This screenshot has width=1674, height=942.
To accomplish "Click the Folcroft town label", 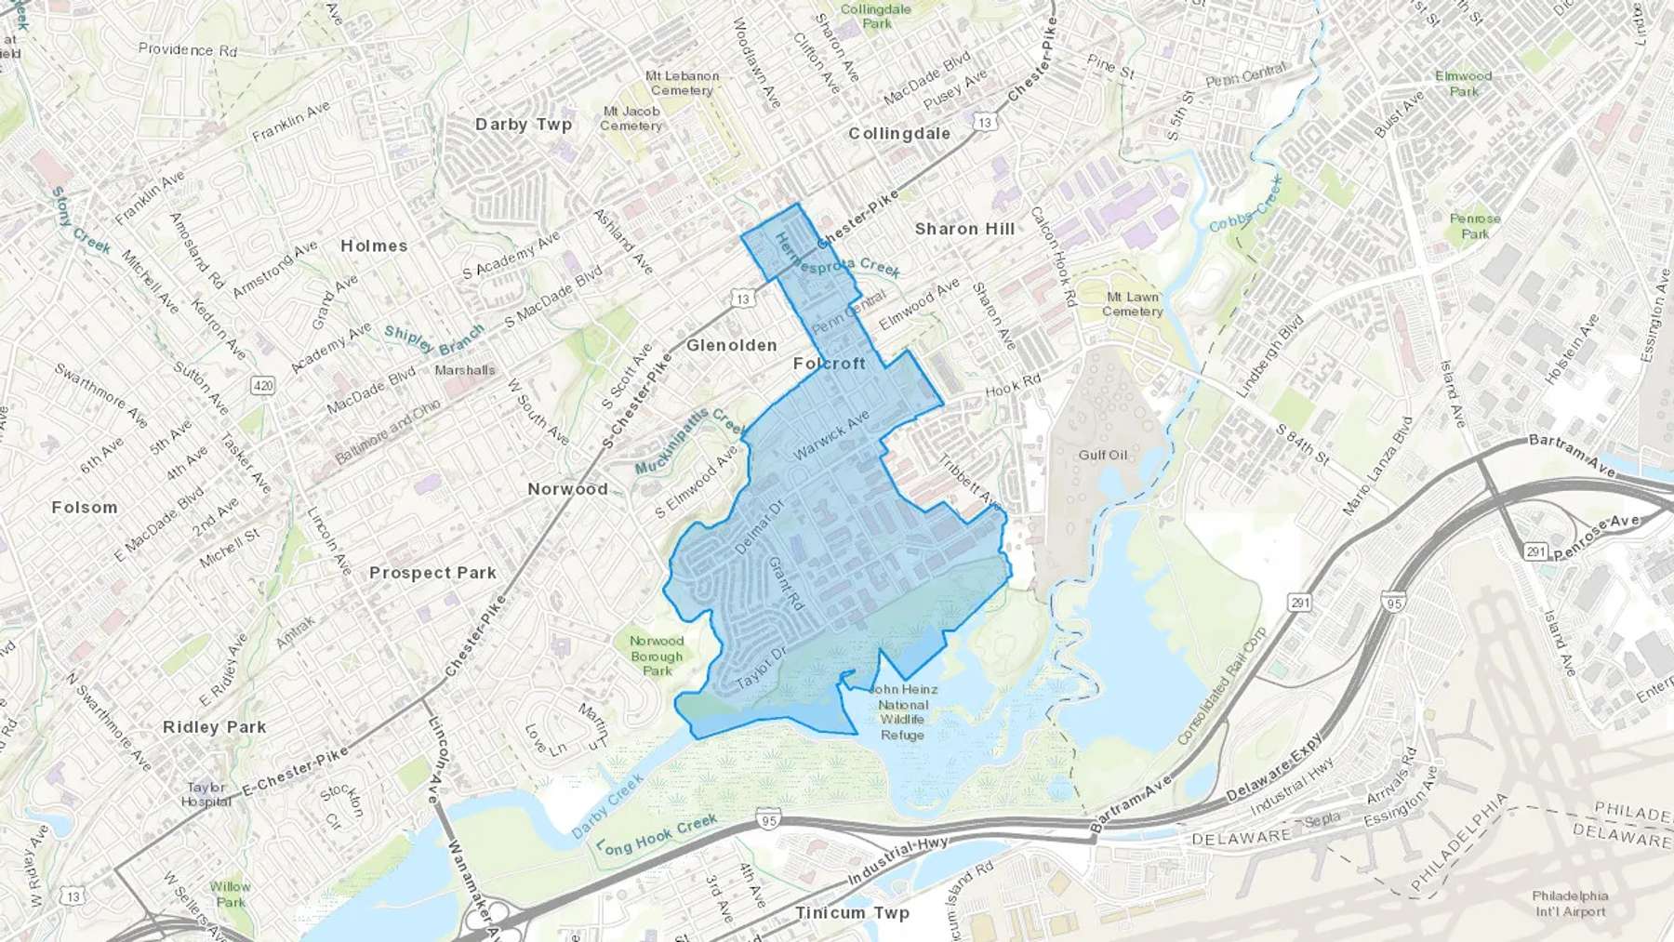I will coord(829,364).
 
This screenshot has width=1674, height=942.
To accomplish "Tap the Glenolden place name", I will coord(731,345).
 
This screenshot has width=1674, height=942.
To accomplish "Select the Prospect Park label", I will coord(432,573).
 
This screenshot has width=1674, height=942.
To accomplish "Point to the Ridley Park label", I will coord(214,727).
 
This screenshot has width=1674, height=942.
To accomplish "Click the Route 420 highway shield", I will coord(263,385).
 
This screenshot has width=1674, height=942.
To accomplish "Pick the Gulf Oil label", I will coord(1103,455).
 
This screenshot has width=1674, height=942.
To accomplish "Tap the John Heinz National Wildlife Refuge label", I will coord(902,712).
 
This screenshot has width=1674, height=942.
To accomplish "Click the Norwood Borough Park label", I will coord(657,656).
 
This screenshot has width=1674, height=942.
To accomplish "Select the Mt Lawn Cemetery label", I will coord(1132,304).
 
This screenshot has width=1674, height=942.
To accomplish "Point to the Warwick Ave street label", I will coord(830,434).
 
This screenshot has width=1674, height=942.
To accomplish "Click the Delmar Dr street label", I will coord(760,527).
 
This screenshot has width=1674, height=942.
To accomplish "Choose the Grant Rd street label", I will coord(786,583).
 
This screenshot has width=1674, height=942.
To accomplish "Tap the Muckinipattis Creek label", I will coord(689,439).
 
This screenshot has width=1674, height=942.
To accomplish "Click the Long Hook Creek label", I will coord(657,834).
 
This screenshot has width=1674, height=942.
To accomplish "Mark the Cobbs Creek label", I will coord(1246,206).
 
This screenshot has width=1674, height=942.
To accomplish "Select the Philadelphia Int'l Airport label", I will coord(1570,904).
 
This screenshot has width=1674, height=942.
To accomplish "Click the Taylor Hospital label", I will coord(206,794).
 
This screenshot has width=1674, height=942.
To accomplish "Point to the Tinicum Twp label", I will coord(852,913).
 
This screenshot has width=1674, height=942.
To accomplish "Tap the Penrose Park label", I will coord(1475,226).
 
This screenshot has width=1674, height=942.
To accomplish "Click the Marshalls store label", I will coord(465,370).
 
